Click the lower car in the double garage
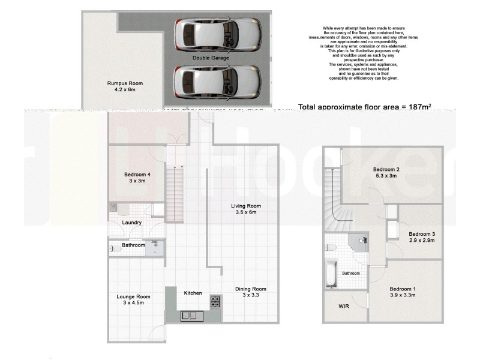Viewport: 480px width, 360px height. pos(217,80)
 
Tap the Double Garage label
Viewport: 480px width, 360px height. pos(209,58)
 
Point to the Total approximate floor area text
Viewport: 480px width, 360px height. pos(365,107)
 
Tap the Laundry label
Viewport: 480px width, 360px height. pos(131,223)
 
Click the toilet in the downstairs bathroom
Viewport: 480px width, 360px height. pos(113,248)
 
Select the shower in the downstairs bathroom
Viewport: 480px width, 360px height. pos(157,248)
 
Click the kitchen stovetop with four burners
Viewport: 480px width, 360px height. pos(214,302)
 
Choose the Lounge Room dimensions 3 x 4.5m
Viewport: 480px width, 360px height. pos(133,303)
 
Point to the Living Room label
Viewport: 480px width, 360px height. pos(246,206)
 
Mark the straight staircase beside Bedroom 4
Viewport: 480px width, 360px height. pos(174,192)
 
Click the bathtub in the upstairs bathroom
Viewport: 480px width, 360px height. pos(331,273)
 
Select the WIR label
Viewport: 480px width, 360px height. pos(344,306)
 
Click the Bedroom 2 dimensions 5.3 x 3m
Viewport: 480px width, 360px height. pos(387,176)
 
